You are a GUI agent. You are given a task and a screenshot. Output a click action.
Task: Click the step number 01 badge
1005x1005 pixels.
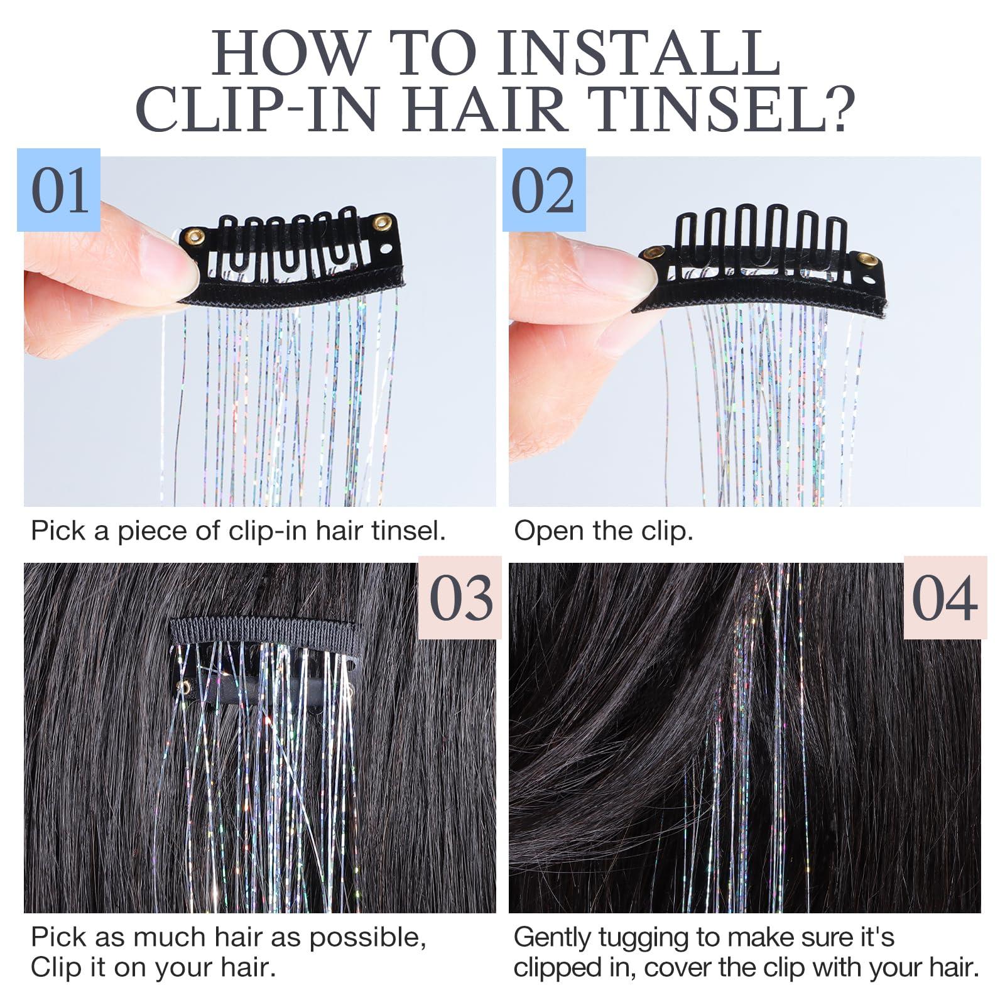(59, 190)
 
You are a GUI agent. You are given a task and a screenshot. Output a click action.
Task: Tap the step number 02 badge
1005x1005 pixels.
(543, 190)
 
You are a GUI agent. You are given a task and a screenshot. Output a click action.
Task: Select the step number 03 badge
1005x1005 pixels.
(460, 597)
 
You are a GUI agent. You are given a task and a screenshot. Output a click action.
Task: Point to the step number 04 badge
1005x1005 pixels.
(945, 597)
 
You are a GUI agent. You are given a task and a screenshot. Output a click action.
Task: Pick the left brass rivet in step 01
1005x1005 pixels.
(195, 236)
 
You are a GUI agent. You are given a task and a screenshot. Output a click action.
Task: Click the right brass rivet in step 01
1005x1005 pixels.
(381, 222)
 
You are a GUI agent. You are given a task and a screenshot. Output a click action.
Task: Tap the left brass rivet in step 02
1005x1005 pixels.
(654, 253)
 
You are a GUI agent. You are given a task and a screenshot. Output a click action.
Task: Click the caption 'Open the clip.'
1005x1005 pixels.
(603, 531)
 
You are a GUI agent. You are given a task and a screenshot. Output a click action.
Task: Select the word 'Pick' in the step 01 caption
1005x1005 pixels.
(57, 531)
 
